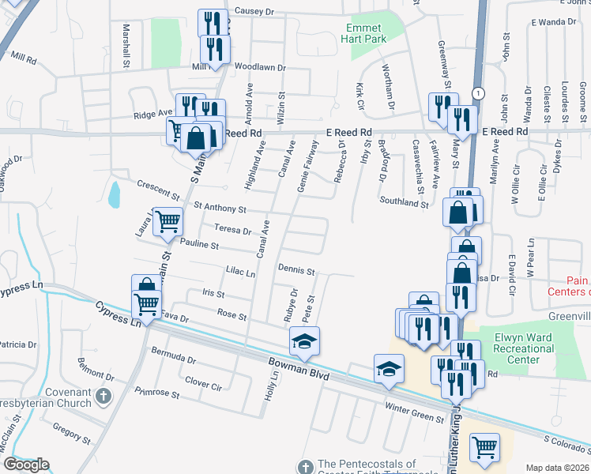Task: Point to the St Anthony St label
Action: point(220,209)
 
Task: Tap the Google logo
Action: point(25,465)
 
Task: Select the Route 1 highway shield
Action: point(478,93)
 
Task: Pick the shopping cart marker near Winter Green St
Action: point(484,446)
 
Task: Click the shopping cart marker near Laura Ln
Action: point(167,223)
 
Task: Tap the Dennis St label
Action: point(296,269)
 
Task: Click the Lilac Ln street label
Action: point(240,273)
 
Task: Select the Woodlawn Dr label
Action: point(259,67)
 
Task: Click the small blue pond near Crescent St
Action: point(115,194)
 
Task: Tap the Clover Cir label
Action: point(202,383)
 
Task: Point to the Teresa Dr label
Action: point(233,231)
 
